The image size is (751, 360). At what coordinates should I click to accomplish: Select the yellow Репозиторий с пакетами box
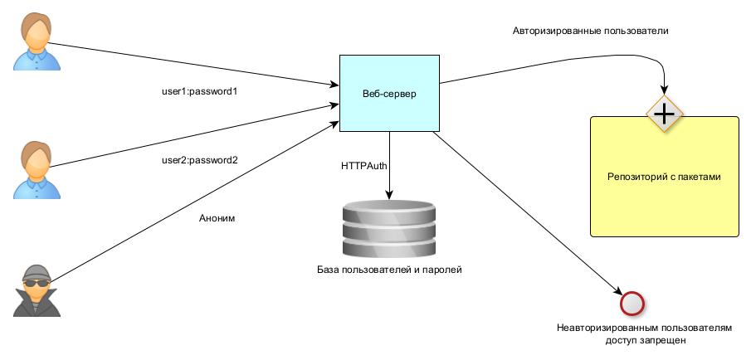coord(664,177)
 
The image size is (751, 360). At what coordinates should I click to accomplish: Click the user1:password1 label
coord(199,91)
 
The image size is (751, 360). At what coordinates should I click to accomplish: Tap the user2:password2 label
coord(199,160)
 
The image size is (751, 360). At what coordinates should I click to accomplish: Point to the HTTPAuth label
coord(364,166)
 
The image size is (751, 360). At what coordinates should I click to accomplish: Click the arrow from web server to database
coord(388,166)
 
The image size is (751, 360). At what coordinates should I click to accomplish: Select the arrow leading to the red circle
coord(531,216)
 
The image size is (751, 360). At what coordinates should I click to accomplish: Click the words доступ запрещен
coord(640,341)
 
